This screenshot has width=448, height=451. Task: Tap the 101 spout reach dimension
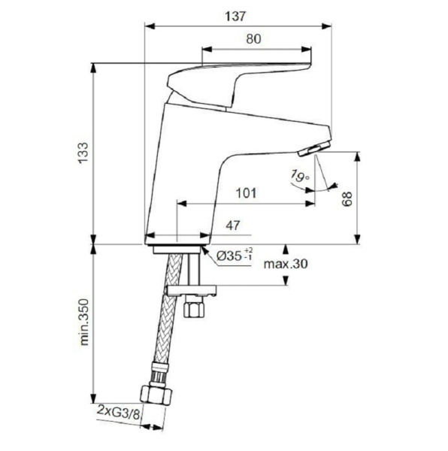click(244, 192)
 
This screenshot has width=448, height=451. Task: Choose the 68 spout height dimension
click(347, 198)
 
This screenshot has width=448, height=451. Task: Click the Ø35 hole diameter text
click(234, 256)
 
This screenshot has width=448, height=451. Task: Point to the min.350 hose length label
click(83, 324)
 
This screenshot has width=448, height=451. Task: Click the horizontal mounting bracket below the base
click(190, 289)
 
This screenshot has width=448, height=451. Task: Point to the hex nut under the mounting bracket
click(193, 309)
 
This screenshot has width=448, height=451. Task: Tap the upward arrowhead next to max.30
click(286, 249)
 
